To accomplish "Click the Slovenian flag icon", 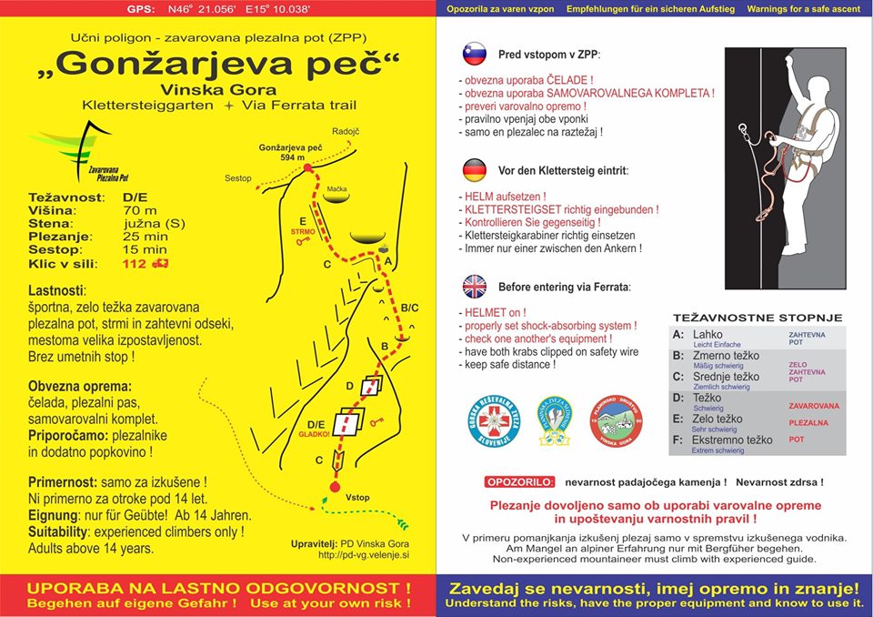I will pos(475,54).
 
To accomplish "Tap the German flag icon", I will pos(475,170).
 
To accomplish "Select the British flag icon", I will pos(475,287).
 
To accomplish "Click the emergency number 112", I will pos(135,264).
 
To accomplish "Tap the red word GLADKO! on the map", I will pos(314,435).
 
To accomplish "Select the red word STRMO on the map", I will pos(303,231).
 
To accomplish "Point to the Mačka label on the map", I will pos(337,188).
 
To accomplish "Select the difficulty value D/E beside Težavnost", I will pos(135,197).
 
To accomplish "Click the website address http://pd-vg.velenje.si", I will pos(364,553).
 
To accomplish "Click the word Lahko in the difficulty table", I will pos(707,335).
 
